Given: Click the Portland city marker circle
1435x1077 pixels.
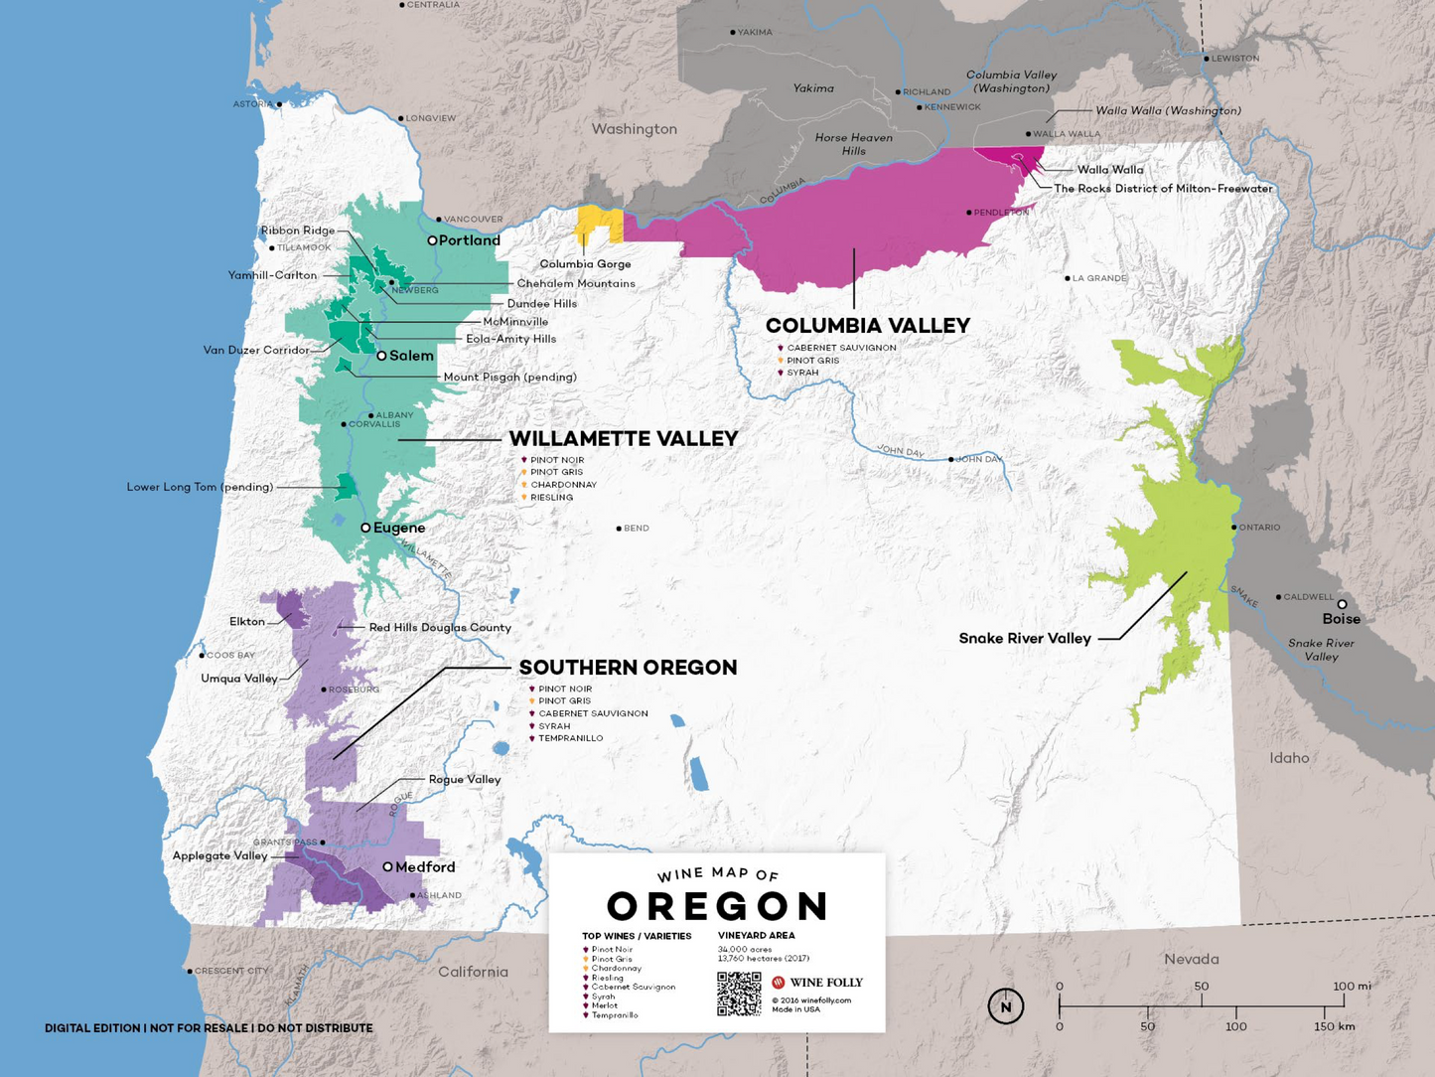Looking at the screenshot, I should click(x=432, y=240).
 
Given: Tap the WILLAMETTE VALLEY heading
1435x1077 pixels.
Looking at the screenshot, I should click(x=623, y=438).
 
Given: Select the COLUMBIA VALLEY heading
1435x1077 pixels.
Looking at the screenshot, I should click(x=867, y=326).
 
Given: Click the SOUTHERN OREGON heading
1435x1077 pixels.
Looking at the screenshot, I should click(x=628, y=668).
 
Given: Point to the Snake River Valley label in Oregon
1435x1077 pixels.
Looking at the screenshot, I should click(x=1024, y=639).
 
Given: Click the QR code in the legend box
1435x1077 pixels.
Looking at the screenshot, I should click(x=739, y=994).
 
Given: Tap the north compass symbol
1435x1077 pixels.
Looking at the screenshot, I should click(x=1005, y=1006).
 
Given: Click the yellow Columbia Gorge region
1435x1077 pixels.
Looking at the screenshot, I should click(x=599, y=225).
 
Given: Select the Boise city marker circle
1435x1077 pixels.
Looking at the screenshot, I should click(x=1342, y=604).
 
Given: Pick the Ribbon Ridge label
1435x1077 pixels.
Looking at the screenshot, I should click(x=298, y=231).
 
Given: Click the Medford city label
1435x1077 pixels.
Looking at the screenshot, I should click(x=425, y=867).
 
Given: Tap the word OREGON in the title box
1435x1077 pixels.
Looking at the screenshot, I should click(x=717, y=906).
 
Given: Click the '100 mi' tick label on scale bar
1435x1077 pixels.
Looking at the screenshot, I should click(x=1352, y=987).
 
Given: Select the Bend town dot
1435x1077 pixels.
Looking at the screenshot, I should click(x=619, y=529).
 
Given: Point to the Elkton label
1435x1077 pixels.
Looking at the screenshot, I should click(x=247, y=622).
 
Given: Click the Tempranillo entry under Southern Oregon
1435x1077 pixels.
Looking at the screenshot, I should click(x=570, y=738).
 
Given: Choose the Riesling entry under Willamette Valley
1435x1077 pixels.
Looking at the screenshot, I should click(x=551, y=497).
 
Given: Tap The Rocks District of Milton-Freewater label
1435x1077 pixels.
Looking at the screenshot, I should click(x=1162, y=189).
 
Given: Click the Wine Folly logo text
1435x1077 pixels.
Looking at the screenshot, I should click(x=825, y=983).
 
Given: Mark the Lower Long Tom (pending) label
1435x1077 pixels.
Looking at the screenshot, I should click(x=200, y=487).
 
